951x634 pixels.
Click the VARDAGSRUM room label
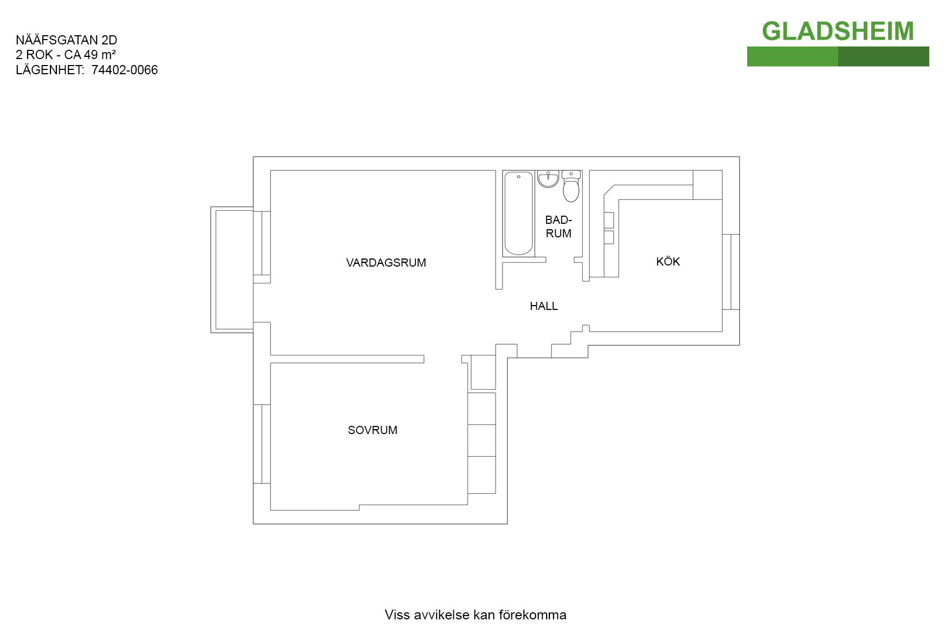click(386, 263)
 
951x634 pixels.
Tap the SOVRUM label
click(372, 430)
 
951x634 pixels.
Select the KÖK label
click(668, 261)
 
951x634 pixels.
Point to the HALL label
click(544, 306)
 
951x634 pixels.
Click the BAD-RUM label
click(558, 227)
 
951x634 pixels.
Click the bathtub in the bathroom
click(518, 214)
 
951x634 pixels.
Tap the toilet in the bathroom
click(571, 186)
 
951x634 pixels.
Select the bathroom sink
click(548, 179)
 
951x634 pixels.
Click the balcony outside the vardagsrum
click(232, 270)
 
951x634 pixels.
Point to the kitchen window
click(731, 272)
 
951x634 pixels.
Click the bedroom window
click(262, 444)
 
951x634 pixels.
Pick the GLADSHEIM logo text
click(838, 31)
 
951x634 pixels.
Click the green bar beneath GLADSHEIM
click(838, 56)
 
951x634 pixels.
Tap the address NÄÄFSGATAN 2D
click(67, 40)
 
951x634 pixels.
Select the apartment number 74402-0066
click(125, 70)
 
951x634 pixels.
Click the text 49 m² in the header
click(100, 55)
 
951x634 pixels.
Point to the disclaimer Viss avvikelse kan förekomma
click(475, 615)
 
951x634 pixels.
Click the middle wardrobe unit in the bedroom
click(481, 441)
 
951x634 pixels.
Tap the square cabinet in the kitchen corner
click(708, 185)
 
